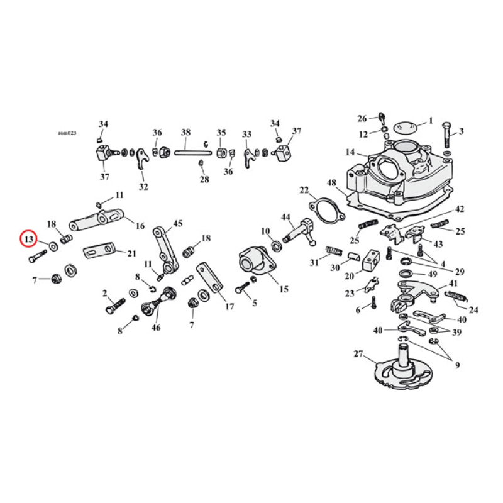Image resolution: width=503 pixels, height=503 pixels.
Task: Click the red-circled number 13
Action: (29, 239)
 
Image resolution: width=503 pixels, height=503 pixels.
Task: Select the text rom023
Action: (67, 133)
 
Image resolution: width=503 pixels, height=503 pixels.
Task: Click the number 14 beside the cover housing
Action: (350, 152)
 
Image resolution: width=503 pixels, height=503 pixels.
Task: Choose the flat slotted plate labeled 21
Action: (101, 251)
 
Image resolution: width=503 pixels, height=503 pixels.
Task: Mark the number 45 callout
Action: (178, 223)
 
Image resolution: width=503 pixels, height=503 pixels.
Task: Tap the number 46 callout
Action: (156, 328)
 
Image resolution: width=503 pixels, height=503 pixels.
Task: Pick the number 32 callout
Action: (144, 186)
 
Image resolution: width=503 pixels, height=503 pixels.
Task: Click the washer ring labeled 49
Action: (407, 273)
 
